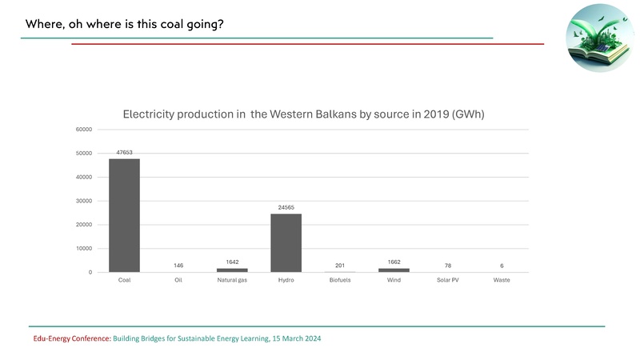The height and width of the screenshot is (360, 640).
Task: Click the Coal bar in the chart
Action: click(x=124, y=215)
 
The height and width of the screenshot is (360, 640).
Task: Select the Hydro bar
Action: click(x=286, y=242)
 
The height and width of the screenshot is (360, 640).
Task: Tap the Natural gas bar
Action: click(x=232, y=270)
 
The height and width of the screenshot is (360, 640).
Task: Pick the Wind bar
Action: click(x=394, y=270)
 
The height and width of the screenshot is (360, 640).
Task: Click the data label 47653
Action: click(x=124, y=152)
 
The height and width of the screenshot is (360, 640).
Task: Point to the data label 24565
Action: click(x=286, y=207)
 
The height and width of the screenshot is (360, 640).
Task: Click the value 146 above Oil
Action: click(x=178, y=266)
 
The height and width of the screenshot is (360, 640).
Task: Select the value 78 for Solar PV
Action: click(x=448, y=266)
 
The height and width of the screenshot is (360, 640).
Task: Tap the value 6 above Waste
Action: click(x=502, y=266)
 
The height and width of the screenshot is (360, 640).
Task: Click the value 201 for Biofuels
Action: click(x=340, y=266)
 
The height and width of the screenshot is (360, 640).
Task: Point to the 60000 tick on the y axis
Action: click(x=84, y=130)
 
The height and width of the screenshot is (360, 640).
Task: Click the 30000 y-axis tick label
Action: click(x=84, y=201)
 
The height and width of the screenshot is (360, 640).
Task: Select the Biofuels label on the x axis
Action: click(x=340, y=281)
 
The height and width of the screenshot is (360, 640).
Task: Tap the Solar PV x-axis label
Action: click(x=448, y=281)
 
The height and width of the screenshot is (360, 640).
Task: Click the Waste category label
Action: click(x=502, y=281)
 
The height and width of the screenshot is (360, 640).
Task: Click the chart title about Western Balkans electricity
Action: click(x=304, y=114)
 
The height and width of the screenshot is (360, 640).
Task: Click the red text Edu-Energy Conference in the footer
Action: click(x=66, y=338)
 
